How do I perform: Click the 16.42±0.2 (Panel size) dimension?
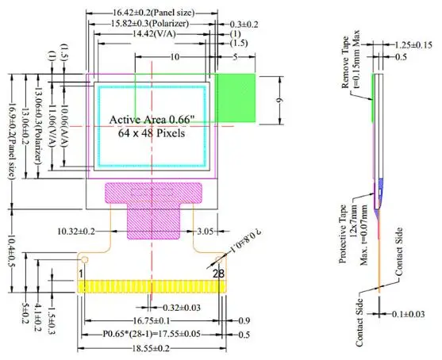(154, 13)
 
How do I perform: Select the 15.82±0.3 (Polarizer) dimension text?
(150, 23)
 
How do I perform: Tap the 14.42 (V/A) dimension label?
(154, 34)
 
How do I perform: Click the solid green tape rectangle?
(236, 98)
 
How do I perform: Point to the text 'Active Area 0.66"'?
(152, 120)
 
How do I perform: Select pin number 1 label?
(81, 274)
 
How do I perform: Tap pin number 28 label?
(219, 274)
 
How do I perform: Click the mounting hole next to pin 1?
(85, 259)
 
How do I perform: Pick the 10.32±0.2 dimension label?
(76, 232)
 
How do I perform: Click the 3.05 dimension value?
(206, 232)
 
